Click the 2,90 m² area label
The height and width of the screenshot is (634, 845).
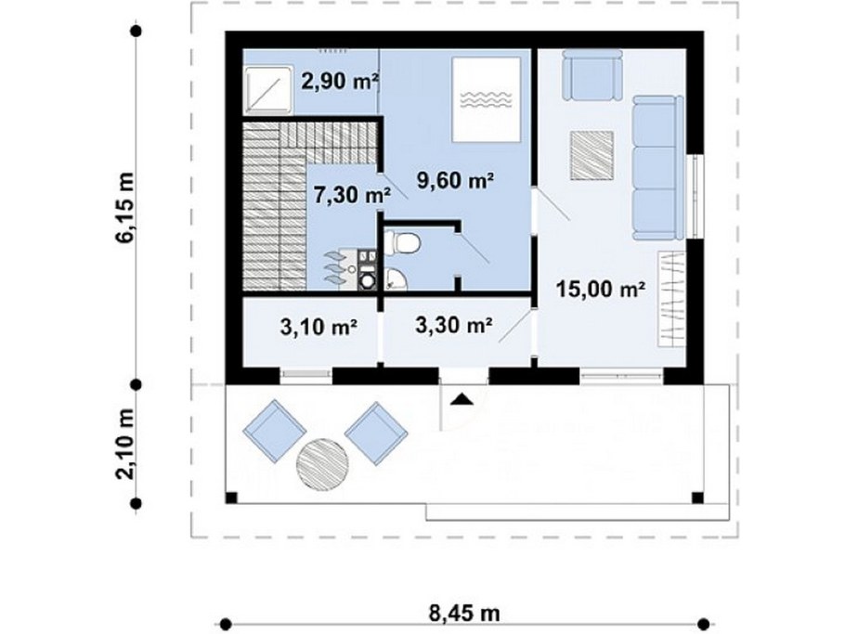[x=340, y=83]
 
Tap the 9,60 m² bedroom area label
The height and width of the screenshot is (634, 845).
[x=456, y=180]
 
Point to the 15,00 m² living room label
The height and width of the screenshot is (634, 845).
[x=601, y=290]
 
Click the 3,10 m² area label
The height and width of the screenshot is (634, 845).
[x=319, y=326]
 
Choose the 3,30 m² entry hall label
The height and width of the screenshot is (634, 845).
[x=454, y=325]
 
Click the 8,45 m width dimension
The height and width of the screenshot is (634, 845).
[x=464, y=613]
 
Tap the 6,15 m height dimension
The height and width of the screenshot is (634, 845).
[x=125, y=208]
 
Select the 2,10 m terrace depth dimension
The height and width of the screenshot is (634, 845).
[x=125, y=444]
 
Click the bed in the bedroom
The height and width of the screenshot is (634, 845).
[x=487, y=99]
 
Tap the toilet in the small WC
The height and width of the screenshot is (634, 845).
[x=403, y=242]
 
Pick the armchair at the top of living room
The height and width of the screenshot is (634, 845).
[x=592, y=75]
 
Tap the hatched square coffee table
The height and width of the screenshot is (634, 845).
[x=592, y=155]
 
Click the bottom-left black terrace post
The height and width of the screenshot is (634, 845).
[x=230, y=498]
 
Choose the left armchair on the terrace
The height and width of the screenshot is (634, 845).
[x=274, y=431]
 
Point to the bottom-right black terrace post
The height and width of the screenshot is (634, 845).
[x=697, y=498]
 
